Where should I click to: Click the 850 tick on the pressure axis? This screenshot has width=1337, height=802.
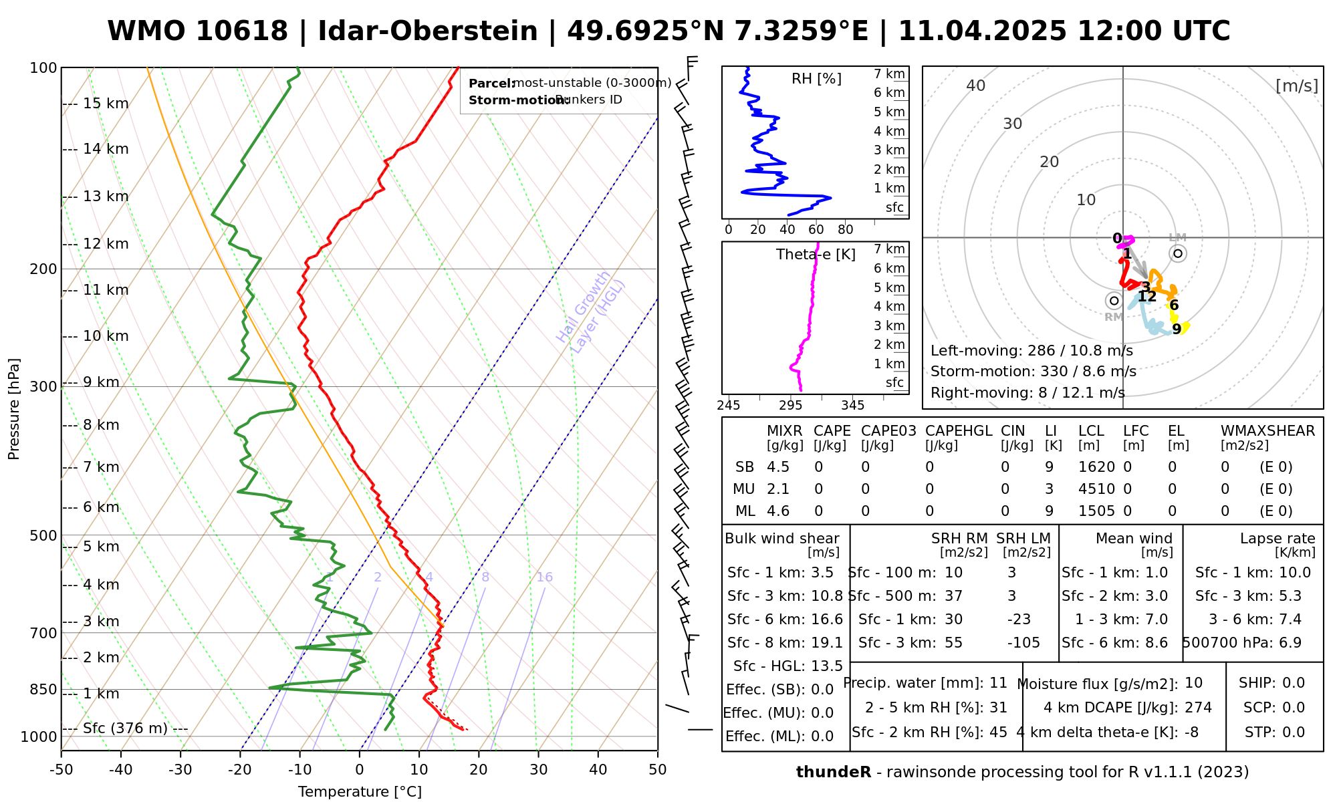[x=43, y=689]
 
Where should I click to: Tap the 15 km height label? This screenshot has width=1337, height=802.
[x=106, y=104]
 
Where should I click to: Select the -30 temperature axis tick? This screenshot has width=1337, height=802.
[x=180, y=770]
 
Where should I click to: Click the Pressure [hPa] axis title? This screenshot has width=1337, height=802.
[x=14, y=409]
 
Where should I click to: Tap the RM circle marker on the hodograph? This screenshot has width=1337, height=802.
[x=1114, y=301]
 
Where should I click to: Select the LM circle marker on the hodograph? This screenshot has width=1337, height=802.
[x=1178, y=253]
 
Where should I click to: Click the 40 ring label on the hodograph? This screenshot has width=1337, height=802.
[x=976, y=86]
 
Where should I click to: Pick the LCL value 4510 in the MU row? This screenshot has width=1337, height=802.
[x=1096, y=489]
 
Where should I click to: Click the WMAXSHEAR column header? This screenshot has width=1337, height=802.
[x=1267, y=431]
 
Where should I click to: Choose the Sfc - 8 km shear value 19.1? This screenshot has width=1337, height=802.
[x=827, y=642]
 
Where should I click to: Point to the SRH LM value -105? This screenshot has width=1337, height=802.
[x=1023, y=642]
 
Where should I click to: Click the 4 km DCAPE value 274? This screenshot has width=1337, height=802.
[x=1198, y=707]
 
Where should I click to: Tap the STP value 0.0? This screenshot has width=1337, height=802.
[x=1294, y=732]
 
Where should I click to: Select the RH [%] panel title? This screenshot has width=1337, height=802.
[x=816, y=79]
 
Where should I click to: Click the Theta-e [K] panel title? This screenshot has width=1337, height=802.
[x=816, y=255]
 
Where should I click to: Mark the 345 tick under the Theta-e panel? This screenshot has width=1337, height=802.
[x=852, y=406]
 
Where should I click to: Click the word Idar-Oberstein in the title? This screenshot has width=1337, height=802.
[x=428, y=31]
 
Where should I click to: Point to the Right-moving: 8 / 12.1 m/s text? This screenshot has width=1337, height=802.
[x=1027, y=392]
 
